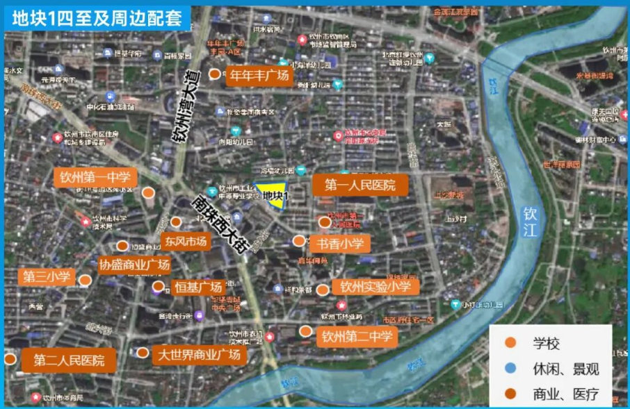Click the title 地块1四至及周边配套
coord(97,17)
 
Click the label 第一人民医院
coord(360,185)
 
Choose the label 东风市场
coord(186,242)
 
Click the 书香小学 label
coord(340,244)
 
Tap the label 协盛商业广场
coord(134,265)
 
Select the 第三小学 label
coord(47,276)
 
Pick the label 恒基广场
coord(198,287)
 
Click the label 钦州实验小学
coord(375,287)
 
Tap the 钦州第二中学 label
coord(358,337)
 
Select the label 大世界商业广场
coord(199,355)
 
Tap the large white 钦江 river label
coord(531,222)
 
